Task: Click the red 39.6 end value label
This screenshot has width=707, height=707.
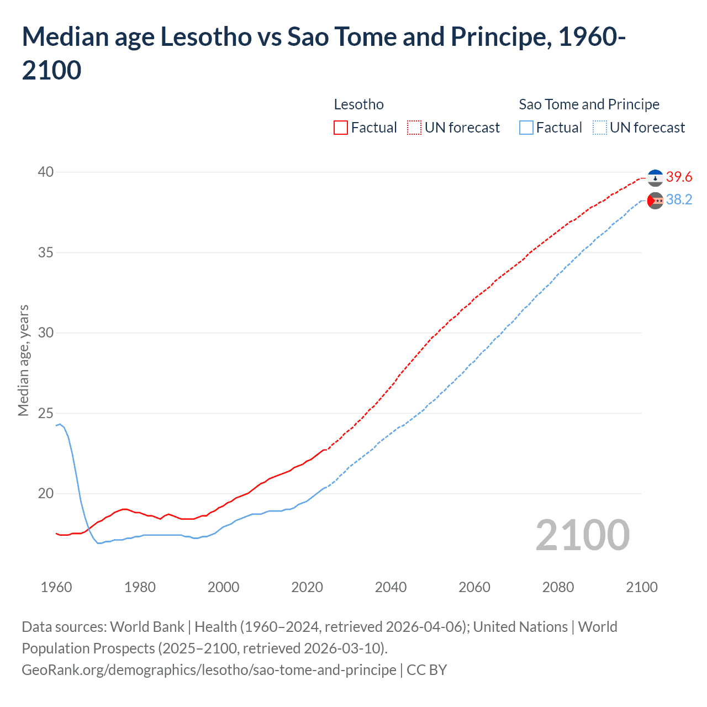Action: [x=679, y=177]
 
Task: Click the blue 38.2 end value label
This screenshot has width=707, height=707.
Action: [x=679, y=200]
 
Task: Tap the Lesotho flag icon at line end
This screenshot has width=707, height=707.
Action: [x=655, y=178]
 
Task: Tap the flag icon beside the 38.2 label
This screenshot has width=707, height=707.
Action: [x=655, y=201]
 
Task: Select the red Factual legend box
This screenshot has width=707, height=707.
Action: [x=341, y=128]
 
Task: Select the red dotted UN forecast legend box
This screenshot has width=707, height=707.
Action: [x=414, y=128]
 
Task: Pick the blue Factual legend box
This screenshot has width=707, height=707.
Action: [x=526, y=128]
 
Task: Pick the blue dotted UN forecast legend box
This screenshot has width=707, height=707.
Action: [x=599, y=128]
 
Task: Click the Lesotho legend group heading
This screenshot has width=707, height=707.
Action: [x=358, y=104]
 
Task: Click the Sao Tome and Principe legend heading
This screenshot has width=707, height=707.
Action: [x=589, y=104]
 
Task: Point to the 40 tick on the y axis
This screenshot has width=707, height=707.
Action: [x=46, y=172]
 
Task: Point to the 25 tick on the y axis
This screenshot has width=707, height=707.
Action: [x=46, y=413]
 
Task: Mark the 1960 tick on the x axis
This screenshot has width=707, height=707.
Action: [x=56, y=587]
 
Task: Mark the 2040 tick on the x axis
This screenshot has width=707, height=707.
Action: [x=391, y=587]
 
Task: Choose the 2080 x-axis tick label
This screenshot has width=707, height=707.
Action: [x=558, y=587]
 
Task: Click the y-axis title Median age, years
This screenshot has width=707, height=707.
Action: [x=23, y=360]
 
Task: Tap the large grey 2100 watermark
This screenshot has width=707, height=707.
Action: [x=582, y=535]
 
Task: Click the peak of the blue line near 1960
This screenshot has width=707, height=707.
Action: [x=60, y=424]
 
